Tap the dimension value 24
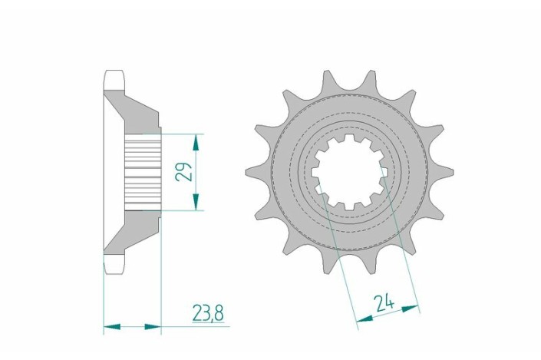385,303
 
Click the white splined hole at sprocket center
345,170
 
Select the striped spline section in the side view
142,170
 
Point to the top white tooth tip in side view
112,79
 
